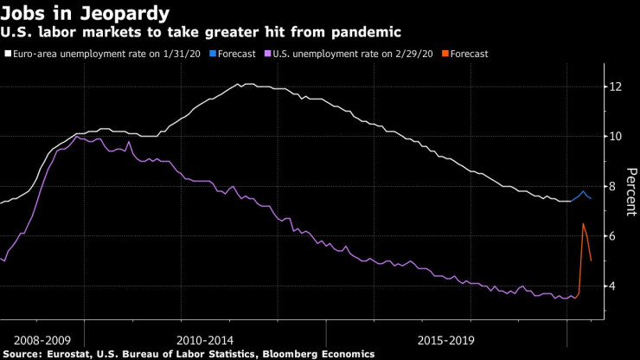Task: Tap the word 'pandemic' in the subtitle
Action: pos(371,33)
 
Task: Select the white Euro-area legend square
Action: pos(8,54)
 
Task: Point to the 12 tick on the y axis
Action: pos(615,87)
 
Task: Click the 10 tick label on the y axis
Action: pos(615,136)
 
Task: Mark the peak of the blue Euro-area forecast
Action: pos(583,191)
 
